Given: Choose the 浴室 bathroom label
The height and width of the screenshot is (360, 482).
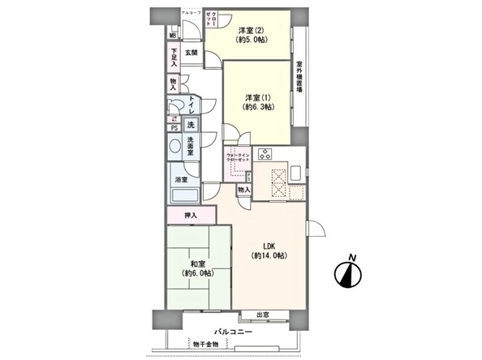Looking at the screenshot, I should [181, 180].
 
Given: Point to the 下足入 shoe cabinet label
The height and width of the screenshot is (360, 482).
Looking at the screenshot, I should [174, 54].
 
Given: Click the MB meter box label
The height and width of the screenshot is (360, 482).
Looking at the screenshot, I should [173, 36].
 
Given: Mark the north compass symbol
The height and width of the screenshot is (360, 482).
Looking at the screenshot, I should [350, 273].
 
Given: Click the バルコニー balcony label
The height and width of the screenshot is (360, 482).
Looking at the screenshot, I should [233, 332].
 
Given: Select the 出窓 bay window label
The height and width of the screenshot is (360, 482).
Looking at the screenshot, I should [262, 315].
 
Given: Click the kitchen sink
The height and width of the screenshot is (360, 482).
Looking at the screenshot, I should [295, 172].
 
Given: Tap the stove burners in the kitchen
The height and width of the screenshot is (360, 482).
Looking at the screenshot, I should [265, 153].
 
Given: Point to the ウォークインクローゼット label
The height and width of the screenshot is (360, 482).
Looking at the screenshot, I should [238, 160].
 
